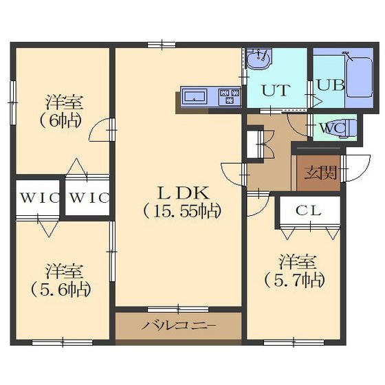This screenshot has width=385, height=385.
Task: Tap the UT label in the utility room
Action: (x=276, y=90)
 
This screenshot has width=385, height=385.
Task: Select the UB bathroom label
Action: (x=331, y=85)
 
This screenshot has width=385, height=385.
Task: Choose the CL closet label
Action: (x=309, y=210)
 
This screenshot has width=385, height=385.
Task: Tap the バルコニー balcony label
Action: (x=179, y=326)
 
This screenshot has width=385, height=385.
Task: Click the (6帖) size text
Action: (x=60, y=120)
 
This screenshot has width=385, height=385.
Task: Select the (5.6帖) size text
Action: (x=61, y=289)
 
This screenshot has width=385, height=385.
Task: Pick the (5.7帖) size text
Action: (x=295, y=280)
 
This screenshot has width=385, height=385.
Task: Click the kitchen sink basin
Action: (x=195, y=96)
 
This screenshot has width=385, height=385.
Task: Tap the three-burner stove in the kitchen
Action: (x=230, y=97)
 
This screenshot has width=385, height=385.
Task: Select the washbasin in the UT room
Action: (x=258, y=59)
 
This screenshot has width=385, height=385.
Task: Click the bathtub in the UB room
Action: (x=359, y=77)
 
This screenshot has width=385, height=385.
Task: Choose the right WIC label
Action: (x=89, y=198)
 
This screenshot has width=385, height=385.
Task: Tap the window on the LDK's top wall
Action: (x=162, y=45)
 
